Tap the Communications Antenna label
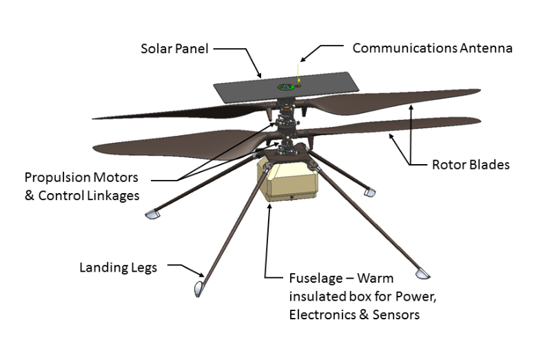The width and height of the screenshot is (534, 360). click(432, 48)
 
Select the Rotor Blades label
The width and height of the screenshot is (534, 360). click(470, 165)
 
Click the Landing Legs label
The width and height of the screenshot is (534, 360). click(119, 267)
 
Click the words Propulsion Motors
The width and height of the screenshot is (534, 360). click(81, 178)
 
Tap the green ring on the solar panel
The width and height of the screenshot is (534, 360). click(284, 87)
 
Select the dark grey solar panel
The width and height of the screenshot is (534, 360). click(248, 90)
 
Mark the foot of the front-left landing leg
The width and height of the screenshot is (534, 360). click(198, 288)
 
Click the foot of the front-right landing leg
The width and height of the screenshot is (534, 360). click(422, 274)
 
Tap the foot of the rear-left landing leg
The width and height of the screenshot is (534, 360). click(153, 215)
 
